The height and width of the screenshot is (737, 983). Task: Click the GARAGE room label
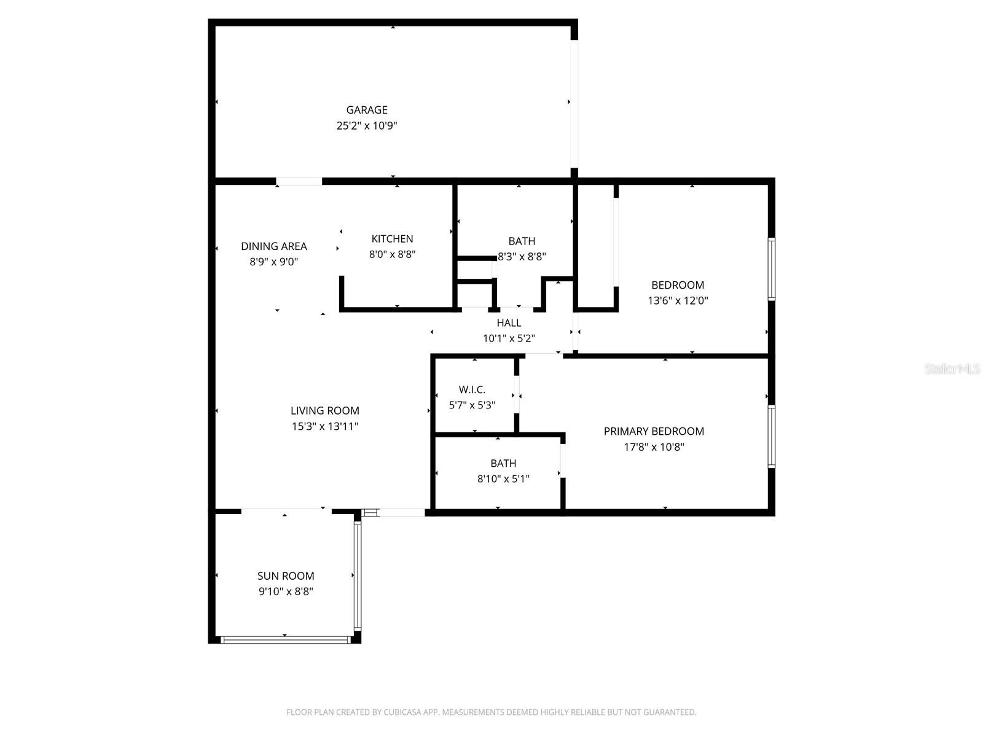point(366,110)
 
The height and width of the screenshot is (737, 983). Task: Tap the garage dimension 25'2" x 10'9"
point(366,125)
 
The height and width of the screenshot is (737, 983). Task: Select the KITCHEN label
point(392,238)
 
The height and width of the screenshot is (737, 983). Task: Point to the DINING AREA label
point(273,246)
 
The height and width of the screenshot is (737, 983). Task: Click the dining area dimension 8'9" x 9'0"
point(273,262)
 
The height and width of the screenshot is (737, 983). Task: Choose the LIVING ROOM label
point(324,410)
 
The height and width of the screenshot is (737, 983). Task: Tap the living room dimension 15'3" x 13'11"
point(324,426)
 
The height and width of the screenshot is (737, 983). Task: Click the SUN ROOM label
point(285,575)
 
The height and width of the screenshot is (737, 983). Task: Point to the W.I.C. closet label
point(472,389)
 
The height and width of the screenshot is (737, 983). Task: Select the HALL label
point(508,322)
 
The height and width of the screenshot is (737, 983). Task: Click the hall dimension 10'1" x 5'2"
point(508,338)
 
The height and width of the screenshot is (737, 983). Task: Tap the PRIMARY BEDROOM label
point(654,431)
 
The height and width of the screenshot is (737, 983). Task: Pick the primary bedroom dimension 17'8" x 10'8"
point(654,446)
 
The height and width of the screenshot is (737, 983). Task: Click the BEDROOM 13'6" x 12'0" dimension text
point(678,300)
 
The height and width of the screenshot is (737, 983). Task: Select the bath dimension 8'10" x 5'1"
point(503,478)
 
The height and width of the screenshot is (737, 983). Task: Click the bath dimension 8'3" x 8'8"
point(522,256)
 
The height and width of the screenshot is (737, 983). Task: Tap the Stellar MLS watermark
point(952,368)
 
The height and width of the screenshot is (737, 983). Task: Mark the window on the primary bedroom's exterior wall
point(771,436)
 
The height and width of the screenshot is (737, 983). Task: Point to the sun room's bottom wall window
point(285,640)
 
